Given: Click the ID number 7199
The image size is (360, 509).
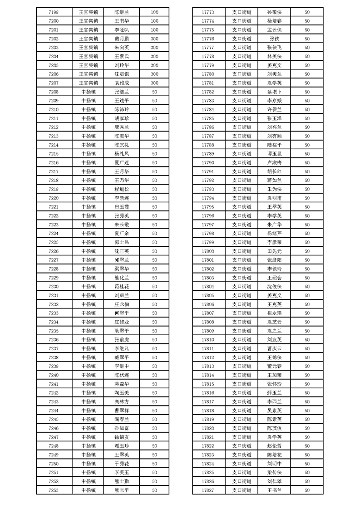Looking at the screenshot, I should [x=53, y=12].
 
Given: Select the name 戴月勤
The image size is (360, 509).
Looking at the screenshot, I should [x=122, y=39].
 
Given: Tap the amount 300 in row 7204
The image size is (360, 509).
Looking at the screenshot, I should [x=154, y=56].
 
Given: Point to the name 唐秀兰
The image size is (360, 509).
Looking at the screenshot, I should [x=122, y=127].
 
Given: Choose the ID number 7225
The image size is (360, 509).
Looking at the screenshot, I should [x=53, y=242].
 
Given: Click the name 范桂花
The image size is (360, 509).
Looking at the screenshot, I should [x=122, y=286].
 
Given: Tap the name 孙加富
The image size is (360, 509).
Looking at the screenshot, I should [x=122, y=428].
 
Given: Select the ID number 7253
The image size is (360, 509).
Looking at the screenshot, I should [x=53, y=490].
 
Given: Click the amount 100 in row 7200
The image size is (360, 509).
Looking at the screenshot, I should [x=154, y=21].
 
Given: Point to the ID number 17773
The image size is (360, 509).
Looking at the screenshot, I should [x=207, y=12].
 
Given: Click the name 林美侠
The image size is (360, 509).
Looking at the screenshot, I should [x=275, y=56].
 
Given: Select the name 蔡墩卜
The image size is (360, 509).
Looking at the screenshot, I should [x=275, y=92].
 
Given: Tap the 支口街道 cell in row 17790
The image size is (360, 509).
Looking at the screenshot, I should [x=242, y=162].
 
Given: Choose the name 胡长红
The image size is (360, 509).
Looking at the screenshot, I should [x=275, y=171].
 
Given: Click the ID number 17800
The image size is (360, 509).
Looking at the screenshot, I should [x=207, y=251].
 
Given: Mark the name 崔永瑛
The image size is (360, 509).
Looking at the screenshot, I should [x=275, y=313].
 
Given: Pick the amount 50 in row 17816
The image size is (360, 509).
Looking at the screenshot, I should [x=307, y=392].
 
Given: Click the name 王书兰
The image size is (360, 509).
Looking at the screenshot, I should [x=275, y=490].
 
